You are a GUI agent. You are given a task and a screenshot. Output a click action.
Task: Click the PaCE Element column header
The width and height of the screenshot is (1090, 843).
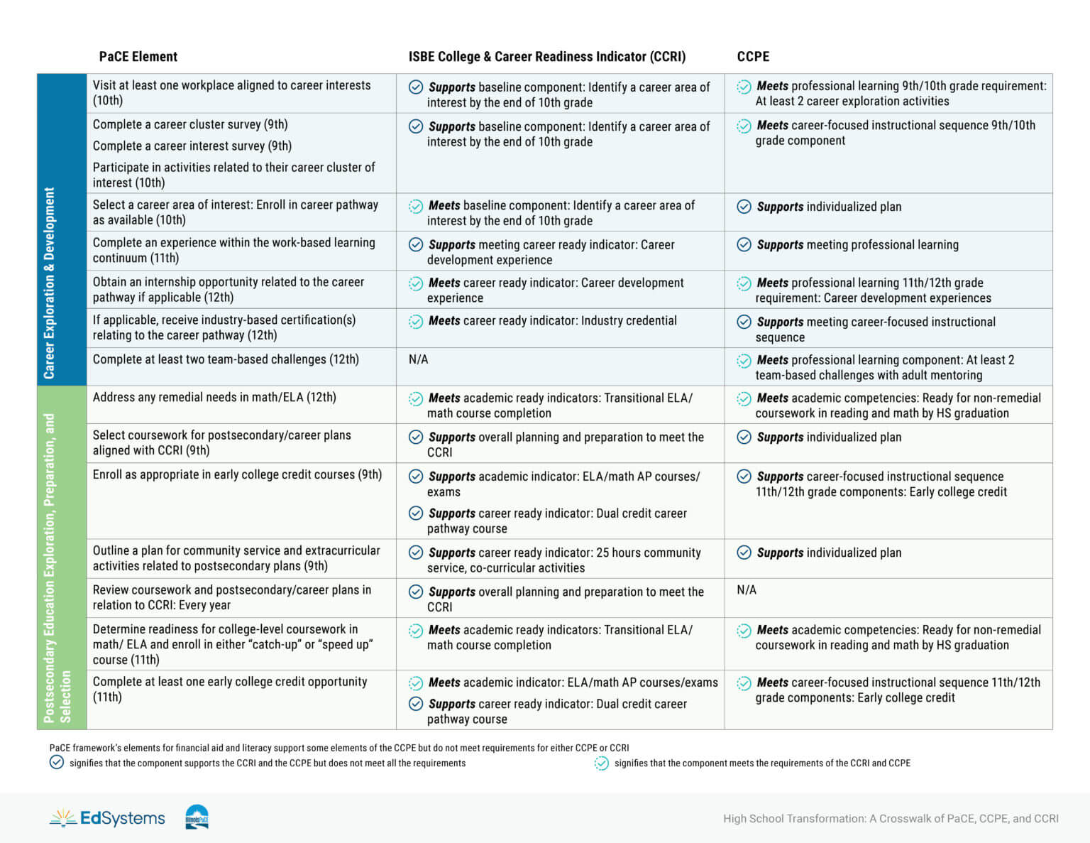pos(138,57)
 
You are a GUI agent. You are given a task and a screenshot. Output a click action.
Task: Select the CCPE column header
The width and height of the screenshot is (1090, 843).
pos(753,57)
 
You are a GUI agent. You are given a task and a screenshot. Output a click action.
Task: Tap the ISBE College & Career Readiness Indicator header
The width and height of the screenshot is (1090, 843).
pos(546,57)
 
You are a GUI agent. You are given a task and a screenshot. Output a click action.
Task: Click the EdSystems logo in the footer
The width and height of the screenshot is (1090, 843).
pos(108,818)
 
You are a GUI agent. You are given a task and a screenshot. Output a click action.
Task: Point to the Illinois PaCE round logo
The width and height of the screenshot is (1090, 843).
pos(197,817)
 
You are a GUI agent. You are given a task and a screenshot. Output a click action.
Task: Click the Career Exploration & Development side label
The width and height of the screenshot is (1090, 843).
pos(50,283)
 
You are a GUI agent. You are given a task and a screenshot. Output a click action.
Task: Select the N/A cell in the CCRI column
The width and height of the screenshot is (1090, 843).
pos(419,359)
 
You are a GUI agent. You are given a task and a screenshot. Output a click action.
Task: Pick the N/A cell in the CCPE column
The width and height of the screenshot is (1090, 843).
pos(747,589)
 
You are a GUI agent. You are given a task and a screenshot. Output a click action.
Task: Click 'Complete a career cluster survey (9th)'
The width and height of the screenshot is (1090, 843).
pos(190,124)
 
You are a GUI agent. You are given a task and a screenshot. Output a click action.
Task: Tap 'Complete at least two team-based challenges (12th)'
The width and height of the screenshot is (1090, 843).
pos(226,359)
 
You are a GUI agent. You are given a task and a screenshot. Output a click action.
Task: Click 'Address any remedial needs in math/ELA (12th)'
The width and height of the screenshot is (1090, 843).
pos(214,397)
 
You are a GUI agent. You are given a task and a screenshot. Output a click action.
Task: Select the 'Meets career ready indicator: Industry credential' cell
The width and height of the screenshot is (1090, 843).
pos(552,321)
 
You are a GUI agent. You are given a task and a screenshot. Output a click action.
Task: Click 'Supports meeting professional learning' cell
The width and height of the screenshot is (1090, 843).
pos(857,245)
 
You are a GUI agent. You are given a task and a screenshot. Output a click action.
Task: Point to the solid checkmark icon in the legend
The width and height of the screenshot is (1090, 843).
pos(57,763)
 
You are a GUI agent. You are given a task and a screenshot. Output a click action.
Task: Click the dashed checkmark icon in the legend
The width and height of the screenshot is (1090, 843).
pos(602,763)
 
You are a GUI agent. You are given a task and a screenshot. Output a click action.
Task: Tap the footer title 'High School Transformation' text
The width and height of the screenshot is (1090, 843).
pos(891,819)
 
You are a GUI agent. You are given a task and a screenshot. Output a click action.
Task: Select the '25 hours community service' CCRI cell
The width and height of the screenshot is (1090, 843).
pos(564,560)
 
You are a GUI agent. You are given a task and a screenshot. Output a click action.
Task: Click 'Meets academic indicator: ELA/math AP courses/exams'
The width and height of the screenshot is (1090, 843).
pos(573,682)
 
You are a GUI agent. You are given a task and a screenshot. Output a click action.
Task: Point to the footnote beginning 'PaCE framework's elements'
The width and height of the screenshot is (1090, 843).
pos(339,748)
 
